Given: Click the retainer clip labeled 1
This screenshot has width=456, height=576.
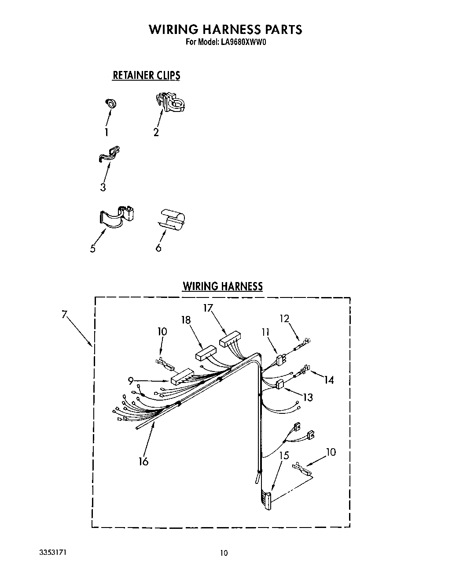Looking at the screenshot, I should click(111, 104).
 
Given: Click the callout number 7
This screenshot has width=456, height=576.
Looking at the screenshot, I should click(65, 315).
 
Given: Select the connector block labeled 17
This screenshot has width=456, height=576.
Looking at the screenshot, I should click(230, 341).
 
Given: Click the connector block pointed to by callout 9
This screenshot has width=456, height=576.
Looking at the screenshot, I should click(181, 376).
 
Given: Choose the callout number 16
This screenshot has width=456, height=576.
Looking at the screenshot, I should click(143, 461).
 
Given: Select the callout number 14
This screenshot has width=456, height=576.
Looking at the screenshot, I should click(328, 379).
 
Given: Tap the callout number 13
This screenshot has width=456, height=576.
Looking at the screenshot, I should click(308, 397).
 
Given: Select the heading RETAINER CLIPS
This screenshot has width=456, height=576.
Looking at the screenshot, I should click(146, 75).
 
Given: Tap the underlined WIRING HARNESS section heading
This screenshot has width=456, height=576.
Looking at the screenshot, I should click(222, 286).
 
